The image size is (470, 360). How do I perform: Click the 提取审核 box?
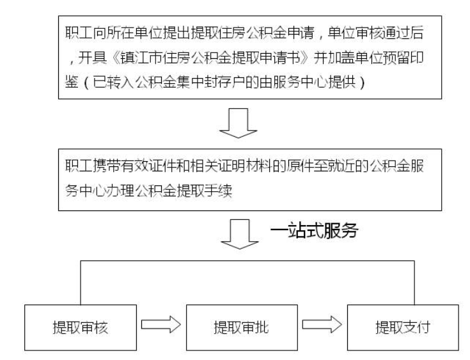click(81, 327)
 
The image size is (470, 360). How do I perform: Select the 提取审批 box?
click(242, 327)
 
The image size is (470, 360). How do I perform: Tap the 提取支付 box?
click(403, 327)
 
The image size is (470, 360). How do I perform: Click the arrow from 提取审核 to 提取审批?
click(161, 324)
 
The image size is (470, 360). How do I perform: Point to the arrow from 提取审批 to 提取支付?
click(322, 324)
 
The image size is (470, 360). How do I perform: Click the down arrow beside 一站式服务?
click(240, 234)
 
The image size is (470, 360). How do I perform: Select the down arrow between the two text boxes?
click(239, 123)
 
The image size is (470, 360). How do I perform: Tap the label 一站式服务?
click(314, 230)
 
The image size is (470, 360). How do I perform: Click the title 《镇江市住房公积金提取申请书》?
click(211, 58)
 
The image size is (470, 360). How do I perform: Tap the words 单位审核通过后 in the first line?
click(375, 33)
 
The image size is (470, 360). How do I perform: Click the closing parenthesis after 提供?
click(362, 82)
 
